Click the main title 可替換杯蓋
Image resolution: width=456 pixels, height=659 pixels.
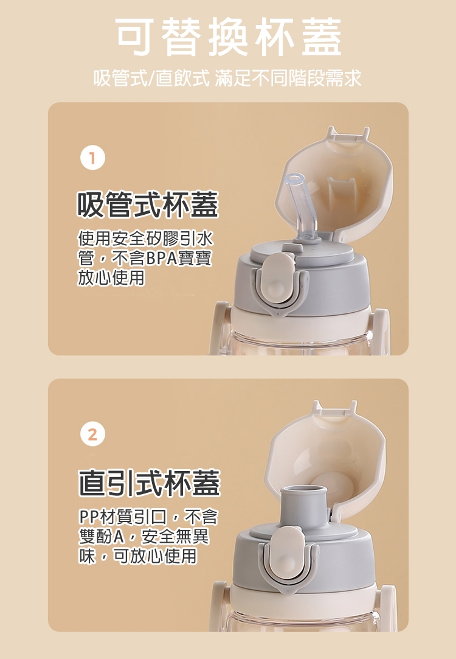click(229, 37)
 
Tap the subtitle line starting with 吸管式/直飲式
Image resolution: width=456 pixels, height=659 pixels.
click(227, 78)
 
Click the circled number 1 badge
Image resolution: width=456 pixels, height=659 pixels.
click(92, 158)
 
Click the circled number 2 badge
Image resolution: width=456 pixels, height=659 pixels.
click(92, 434)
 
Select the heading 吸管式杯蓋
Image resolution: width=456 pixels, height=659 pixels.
click(148, 204)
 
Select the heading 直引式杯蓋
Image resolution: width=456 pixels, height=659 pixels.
click(150, 483)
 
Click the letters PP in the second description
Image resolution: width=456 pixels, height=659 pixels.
click(88, 517)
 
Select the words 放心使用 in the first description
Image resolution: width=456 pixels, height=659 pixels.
click(111, 278)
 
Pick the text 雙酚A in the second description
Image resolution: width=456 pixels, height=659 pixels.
click(100, 537)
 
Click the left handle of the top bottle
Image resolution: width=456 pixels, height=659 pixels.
click(219, 328)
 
